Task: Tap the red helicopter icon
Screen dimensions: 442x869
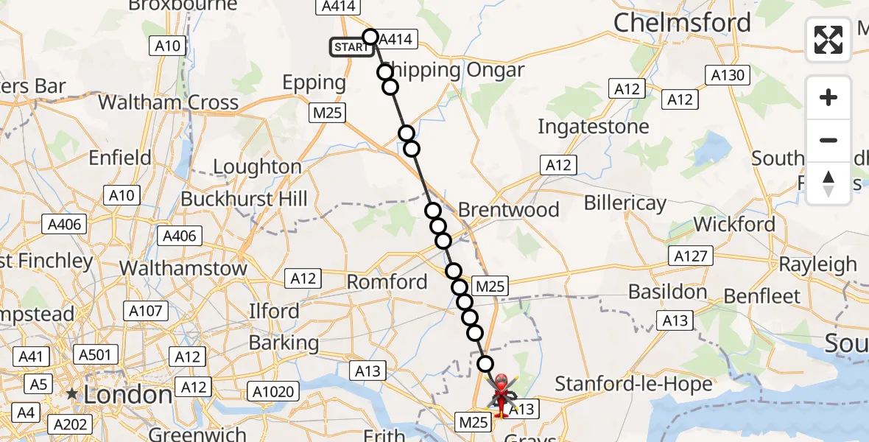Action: [502, 393]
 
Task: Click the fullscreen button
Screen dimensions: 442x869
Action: [828, 39]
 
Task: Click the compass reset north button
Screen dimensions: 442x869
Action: [828, 183]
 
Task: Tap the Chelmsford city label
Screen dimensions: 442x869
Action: [682, 23]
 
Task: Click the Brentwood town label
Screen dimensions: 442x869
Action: [509, 210]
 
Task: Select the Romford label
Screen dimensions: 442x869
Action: [387, 281]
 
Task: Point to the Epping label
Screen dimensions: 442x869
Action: [314, 83]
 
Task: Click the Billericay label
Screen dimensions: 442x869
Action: [625, 203]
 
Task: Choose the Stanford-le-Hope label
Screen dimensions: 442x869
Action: [633, 384]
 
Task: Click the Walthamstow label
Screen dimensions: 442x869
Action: [183, 268]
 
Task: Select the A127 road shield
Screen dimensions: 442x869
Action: [691, 256]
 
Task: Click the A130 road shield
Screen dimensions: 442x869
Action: [728, 74]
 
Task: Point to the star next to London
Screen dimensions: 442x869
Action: [71, 394]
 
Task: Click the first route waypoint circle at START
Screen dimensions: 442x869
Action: [370, 37]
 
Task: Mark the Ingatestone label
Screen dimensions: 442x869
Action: [594, 127]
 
